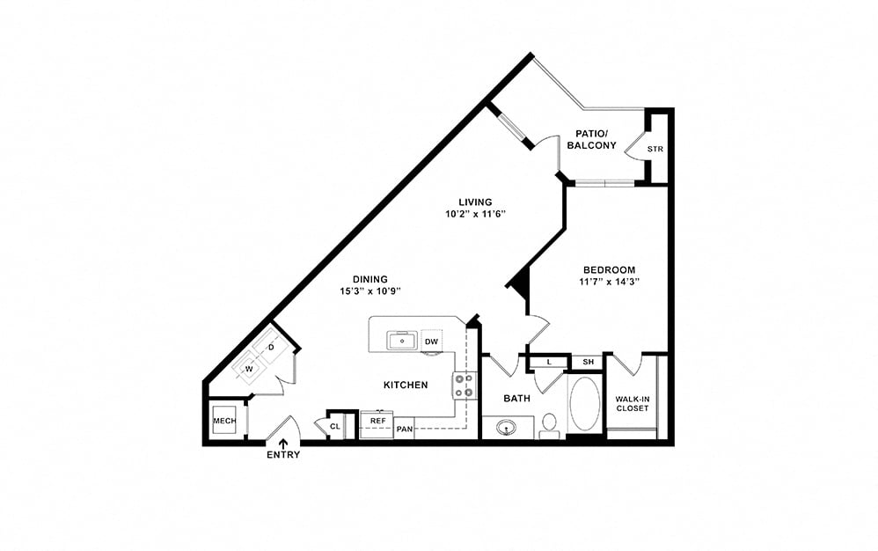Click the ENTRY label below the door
point(283,455)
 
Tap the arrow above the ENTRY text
point(283,444)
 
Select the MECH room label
point(224,421)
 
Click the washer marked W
point(249,369)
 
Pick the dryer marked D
point(272,347)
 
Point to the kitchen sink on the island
point(401,341)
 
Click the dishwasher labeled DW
point(431,342)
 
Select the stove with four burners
point(465,386)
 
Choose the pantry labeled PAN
point(405,430)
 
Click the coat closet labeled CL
point(335,427)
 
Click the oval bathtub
point(585,403)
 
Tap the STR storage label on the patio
point(655,149)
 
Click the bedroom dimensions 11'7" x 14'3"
point(609,283)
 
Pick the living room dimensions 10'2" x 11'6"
point(475,214)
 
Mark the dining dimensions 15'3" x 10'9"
point(370,291)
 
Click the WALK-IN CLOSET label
point(633,404)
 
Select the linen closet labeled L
point(549,363)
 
